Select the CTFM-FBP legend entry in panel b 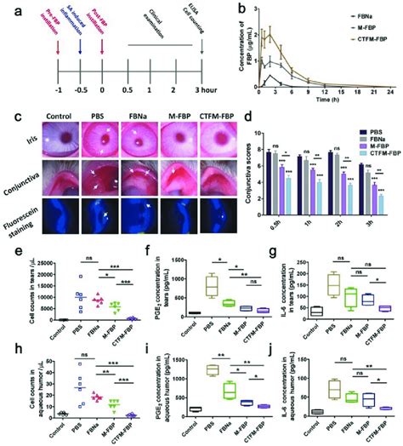363,36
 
